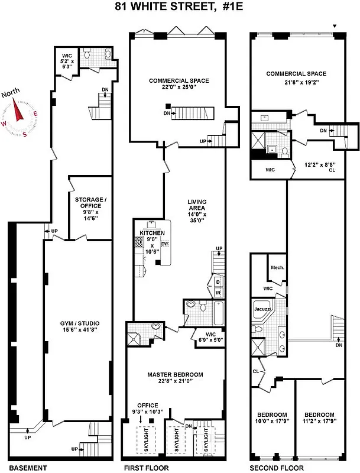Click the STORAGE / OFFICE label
click(x=89, y=204)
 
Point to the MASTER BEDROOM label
click(x=175, y=374)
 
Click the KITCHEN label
click(x=147, y=233)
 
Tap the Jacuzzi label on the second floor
click(x=262, y=309)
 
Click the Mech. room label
click(x=278, y=267)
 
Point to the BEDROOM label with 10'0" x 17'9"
click(x=271, y=414)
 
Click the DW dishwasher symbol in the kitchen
click(x=165, y=244)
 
